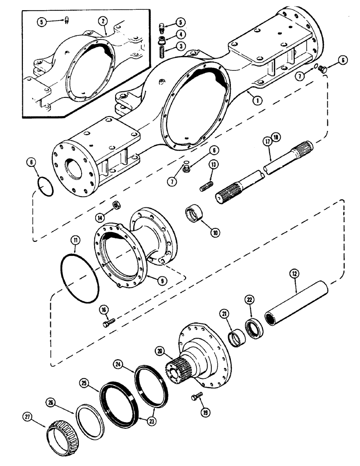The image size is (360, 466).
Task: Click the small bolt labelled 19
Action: pyautogui.click(x=196, y=397)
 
